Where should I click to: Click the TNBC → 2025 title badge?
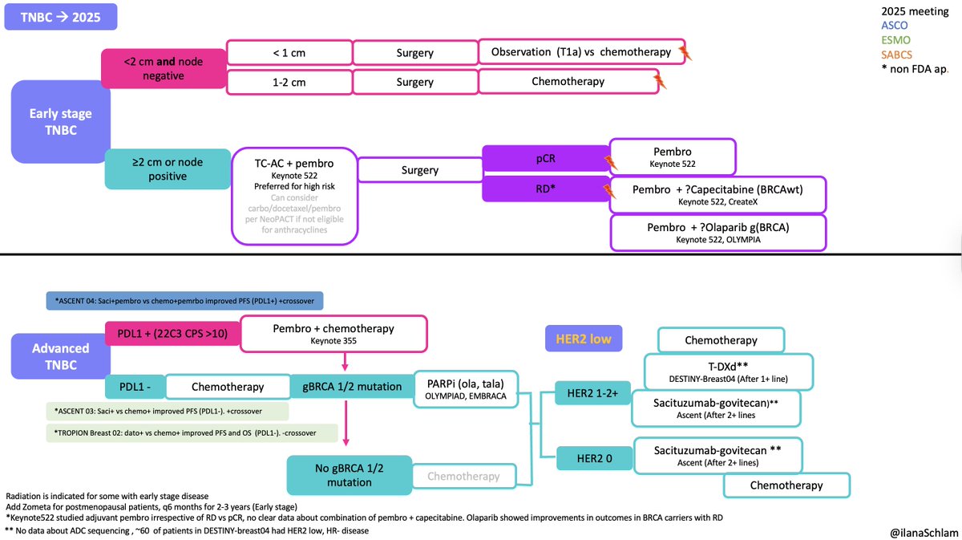tap(61, 17)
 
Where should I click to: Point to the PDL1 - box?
tap(134, 387)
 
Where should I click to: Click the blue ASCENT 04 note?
tap(185, 300)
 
